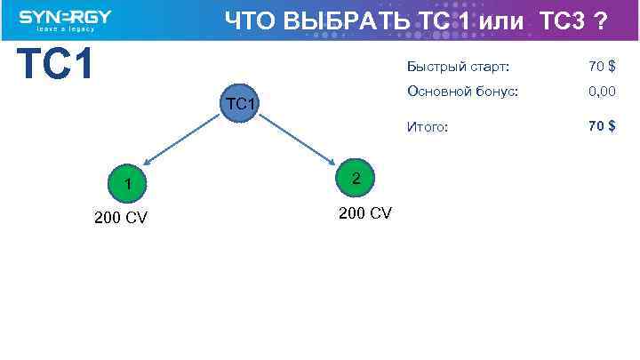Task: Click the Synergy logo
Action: coord(65,20)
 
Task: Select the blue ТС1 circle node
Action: coord(241,104)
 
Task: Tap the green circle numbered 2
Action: coord(355,179)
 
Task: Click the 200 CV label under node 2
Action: coord(364,213)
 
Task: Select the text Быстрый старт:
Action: coord(458,67)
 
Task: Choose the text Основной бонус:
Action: coord(462,91)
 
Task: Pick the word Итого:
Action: coord(428,127)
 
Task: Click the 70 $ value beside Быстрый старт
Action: coord(602,67)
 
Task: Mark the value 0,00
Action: coord(602,91)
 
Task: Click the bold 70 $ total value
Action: coord(602,126)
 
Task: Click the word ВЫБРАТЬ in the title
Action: coord(346,20)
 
